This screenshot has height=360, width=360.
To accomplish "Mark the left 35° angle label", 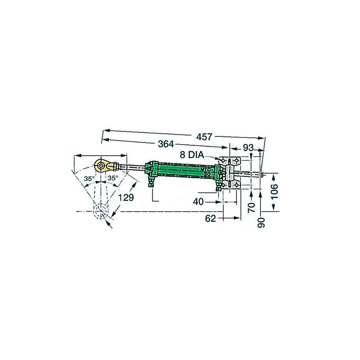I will pos(90,179).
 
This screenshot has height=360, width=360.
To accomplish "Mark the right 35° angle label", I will pos(112,179).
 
